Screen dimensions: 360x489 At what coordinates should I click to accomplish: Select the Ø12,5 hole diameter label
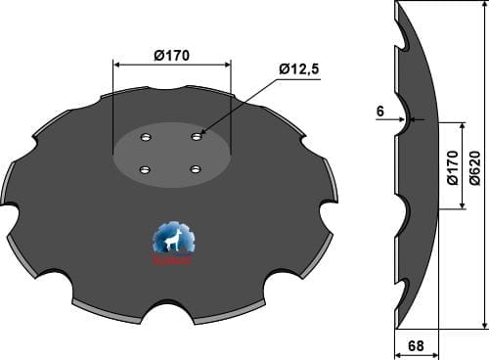point(300,68)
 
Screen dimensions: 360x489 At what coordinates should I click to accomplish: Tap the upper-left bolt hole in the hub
point(147,137)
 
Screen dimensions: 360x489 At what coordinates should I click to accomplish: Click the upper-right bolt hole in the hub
point(199,136)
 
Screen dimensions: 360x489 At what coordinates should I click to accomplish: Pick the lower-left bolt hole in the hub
point(144,170)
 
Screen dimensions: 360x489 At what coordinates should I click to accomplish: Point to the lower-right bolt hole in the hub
point(195,169)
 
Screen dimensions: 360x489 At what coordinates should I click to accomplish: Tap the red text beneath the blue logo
point(173,260)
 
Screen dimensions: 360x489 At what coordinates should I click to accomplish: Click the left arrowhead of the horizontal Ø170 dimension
point(116,65)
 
